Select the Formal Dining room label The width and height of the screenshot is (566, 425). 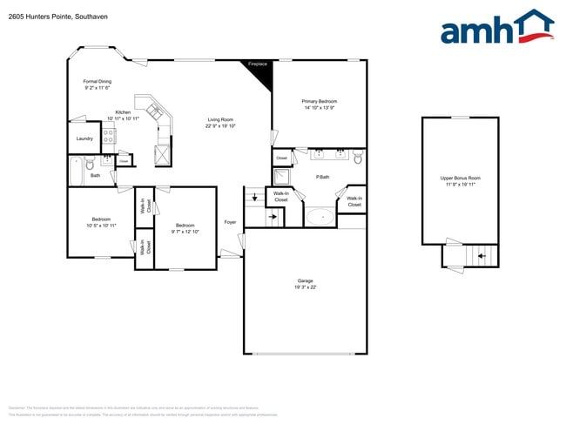(98, 84)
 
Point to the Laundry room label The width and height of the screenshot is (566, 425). (84, 138)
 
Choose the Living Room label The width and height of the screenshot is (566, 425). (220, 123)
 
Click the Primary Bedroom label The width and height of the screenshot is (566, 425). (319, 105)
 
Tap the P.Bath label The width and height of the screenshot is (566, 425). (321, 177)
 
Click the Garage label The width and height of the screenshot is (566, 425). (305, 283)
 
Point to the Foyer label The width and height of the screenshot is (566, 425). (230, 222)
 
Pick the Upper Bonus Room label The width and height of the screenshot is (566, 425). (461, 181)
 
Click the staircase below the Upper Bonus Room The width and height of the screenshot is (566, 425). (476, 255)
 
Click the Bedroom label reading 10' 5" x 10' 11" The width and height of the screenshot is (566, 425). (100, 222)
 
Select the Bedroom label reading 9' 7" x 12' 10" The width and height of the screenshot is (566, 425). (185, 228)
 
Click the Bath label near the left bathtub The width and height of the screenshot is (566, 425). (95, 175)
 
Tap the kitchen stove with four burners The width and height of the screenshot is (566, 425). (110, 136)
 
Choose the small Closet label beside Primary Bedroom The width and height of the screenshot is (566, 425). (281, 158)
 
